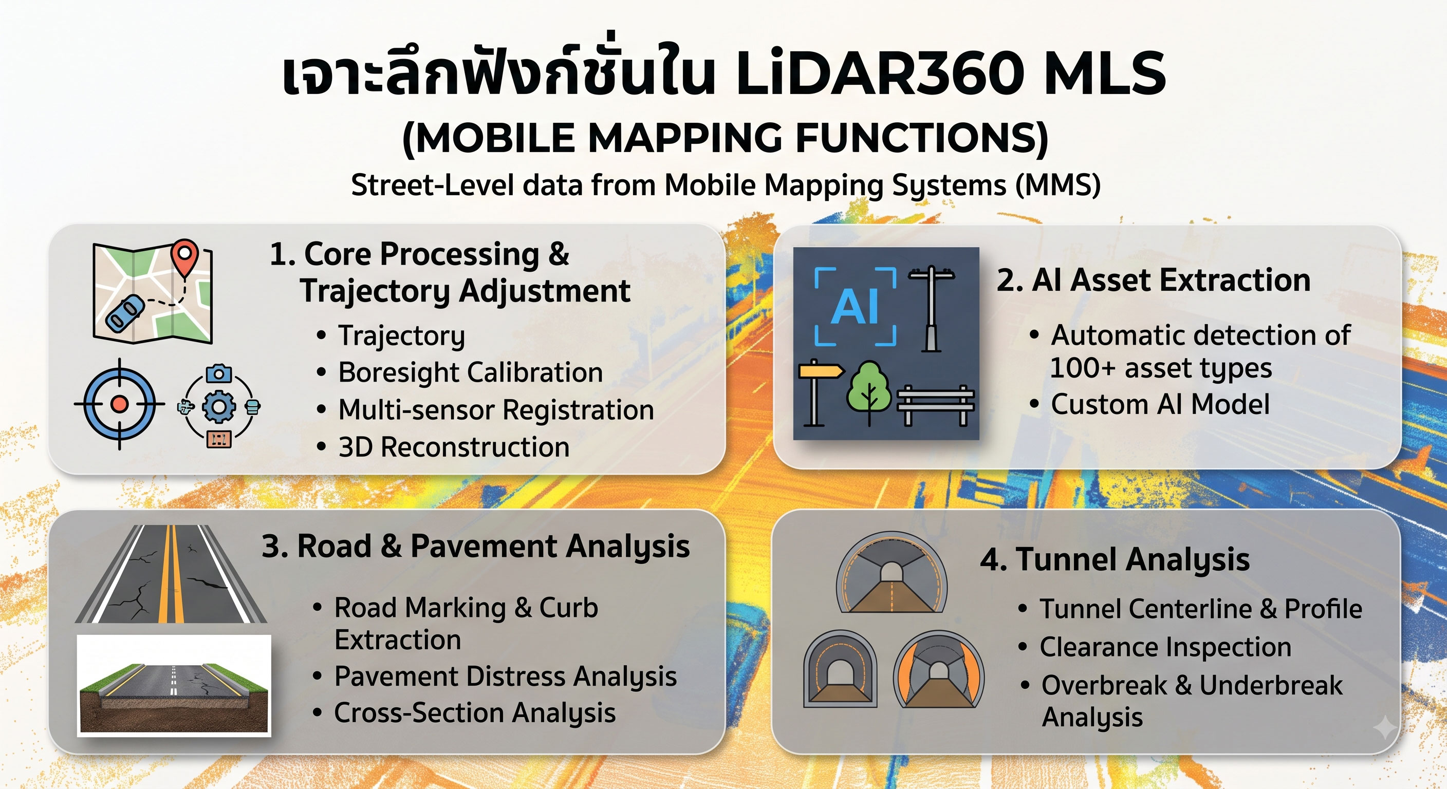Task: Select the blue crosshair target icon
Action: click(119, 404)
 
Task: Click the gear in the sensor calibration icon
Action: click(218, 407)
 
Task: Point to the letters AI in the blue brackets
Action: click(855, 307)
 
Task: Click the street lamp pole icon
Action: click(931, 308)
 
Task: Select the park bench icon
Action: click(935, 404)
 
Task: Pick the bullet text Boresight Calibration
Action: click(470, 373)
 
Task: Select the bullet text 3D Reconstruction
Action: click(454, 447)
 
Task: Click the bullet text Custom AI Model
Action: click(1160, 404)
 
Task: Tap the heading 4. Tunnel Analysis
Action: click(1115, 560)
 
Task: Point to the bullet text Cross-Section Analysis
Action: click(475, 713)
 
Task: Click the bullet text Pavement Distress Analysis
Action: click(506, 677)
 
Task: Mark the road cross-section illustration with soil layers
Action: click(174, 686)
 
